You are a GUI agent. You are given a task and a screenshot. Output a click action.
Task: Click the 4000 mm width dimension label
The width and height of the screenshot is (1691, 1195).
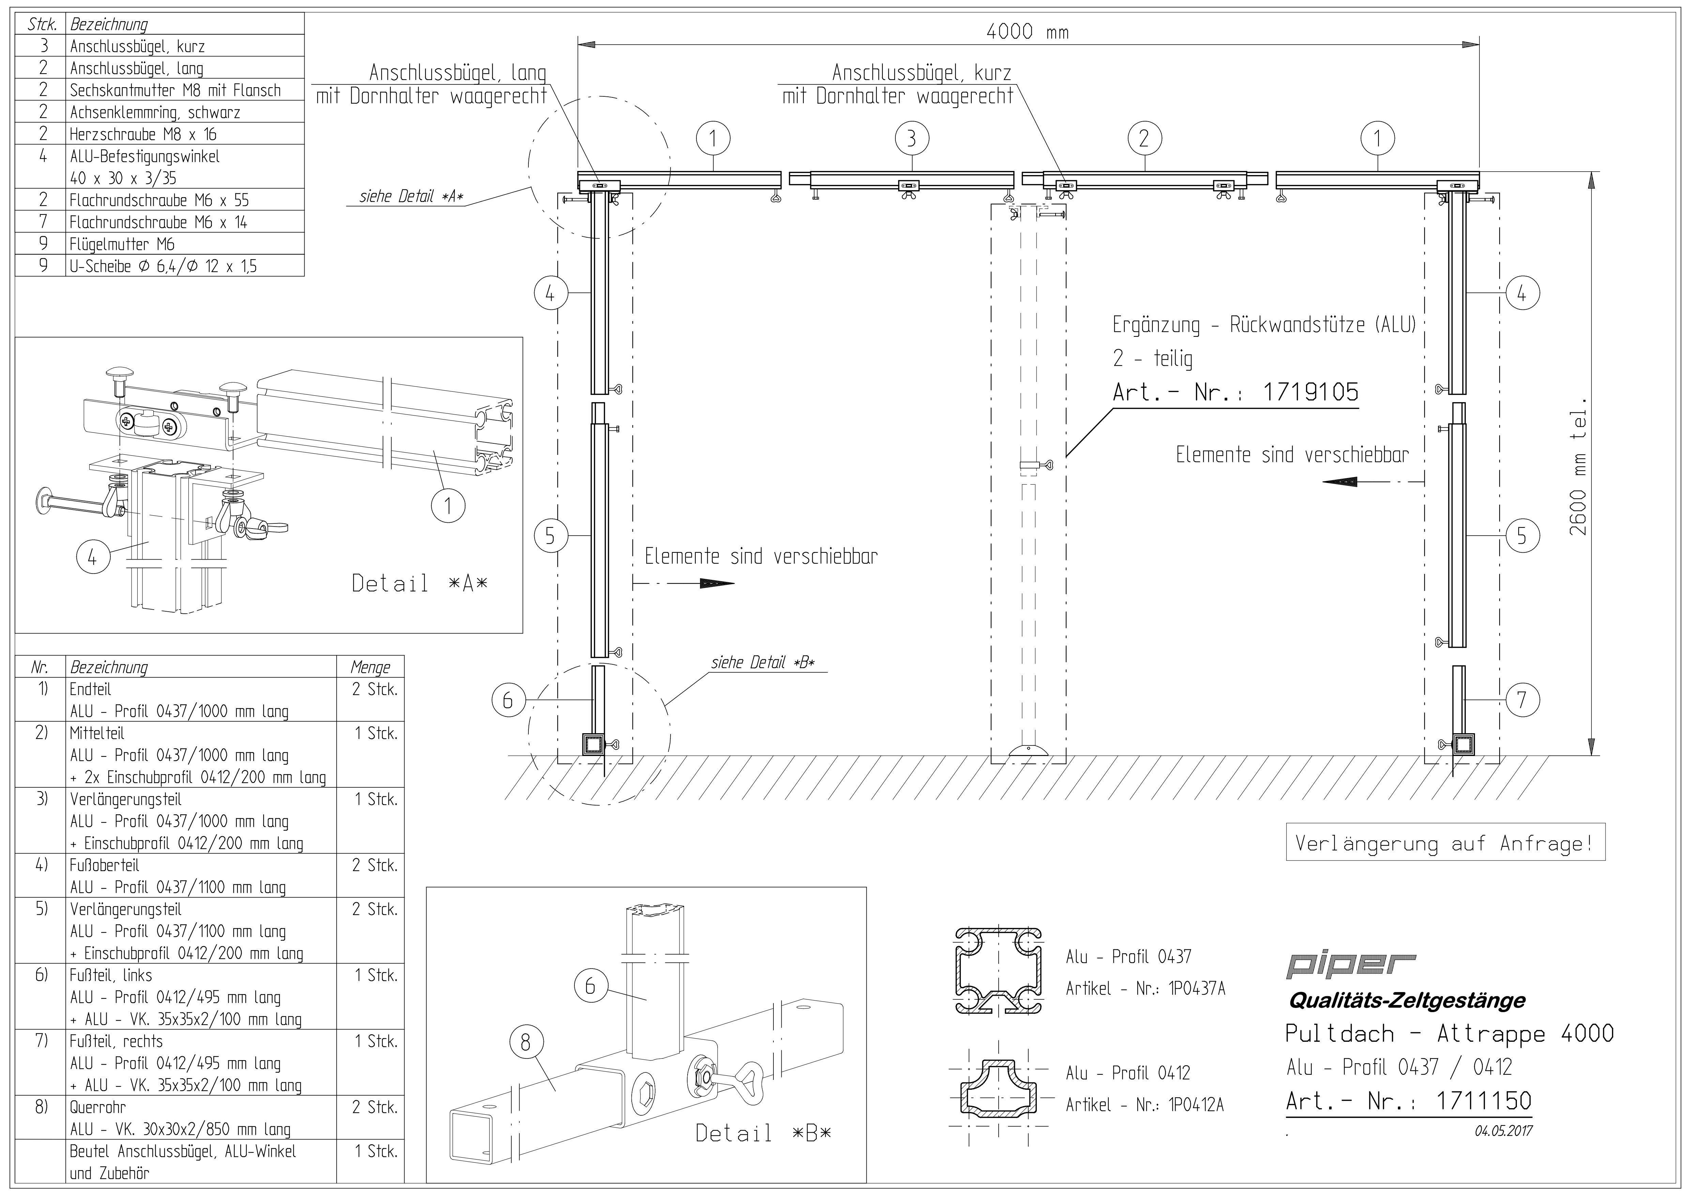point(1027,32)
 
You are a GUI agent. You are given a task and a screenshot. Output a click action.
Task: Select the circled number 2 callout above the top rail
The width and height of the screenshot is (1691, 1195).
point(1144,138)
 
